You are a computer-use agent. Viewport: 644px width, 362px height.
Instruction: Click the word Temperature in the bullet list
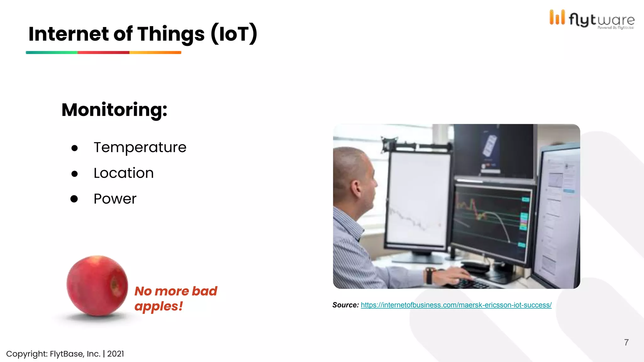tap(140, 147)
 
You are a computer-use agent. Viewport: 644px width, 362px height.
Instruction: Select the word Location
tap(124, 173)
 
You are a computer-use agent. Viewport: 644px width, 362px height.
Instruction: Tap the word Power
tap(115, 199)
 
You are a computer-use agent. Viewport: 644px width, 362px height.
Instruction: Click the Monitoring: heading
tap(114, 110)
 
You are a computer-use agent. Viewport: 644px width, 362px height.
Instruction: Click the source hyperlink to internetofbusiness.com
tap(456, 305)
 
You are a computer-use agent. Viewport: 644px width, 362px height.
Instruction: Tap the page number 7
tap(626, 343)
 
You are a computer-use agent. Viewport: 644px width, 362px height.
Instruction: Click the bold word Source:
tap(345, 305)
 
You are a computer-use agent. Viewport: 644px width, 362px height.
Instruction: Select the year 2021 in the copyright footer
tap(115, 354)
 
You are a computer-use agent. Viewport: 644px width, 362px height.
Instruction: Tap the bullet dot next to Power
tap(74, 199)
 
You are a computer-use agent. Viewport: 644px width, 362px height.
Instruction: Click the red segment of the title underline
tap(103, 52)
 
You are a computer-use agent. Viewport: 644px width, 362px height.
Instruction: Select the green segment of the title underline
tap(52, 52)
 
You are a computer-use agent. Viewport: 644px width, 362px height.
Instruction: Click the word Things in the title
tap(171, 34)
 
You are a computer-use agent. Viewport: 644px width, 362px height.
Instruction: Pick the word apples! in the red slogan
tap(158, 306)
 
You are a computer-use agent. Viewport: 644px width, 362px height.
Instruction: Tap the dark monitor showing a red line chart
tap(492, 222)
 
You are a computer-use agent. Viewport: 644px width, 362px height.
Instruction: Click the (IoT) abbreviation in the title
tap(234, 34)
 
